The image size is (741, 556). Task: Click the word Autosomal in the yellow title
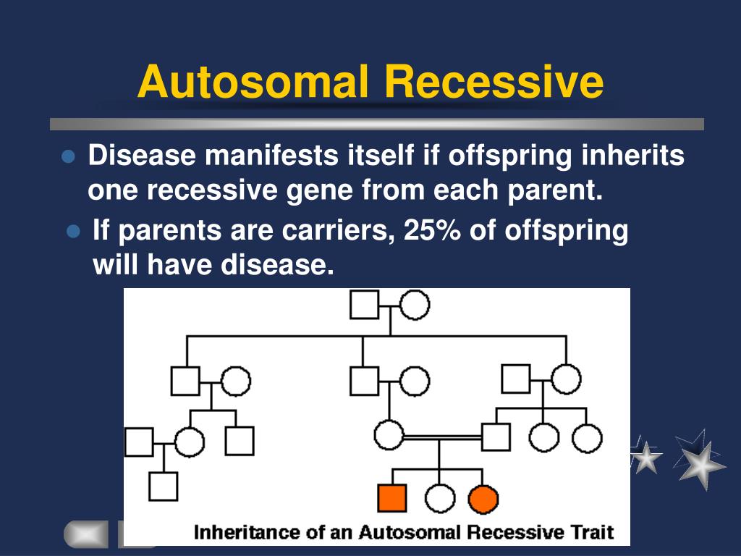(253, 81)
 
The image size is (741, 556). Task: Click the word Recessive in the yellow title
(494, 81)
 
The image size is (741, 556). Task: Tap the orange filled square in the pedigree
(392, 498)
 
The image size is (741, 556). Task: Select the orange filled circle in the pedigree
(483, 499)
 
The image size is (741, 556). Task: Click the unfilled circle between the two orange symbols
(440, 499)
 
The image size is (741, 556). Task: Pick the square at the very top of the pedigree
(365, 305)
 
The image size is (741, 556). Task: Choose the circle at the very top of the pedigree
(415, 305)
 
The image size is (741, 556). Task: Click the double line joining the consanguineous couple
(443, 438)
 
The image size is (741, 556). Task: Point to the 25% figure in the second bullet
(432, 230)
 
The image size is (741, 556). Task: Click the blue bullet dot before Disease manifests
(68, 157)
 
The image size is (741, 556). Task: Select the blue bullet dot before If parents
(73, 232)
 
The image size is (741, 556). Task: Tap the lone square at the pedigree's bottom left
(163, 486)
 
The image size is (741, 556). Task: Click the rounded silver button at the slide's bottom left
(85, 534)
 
